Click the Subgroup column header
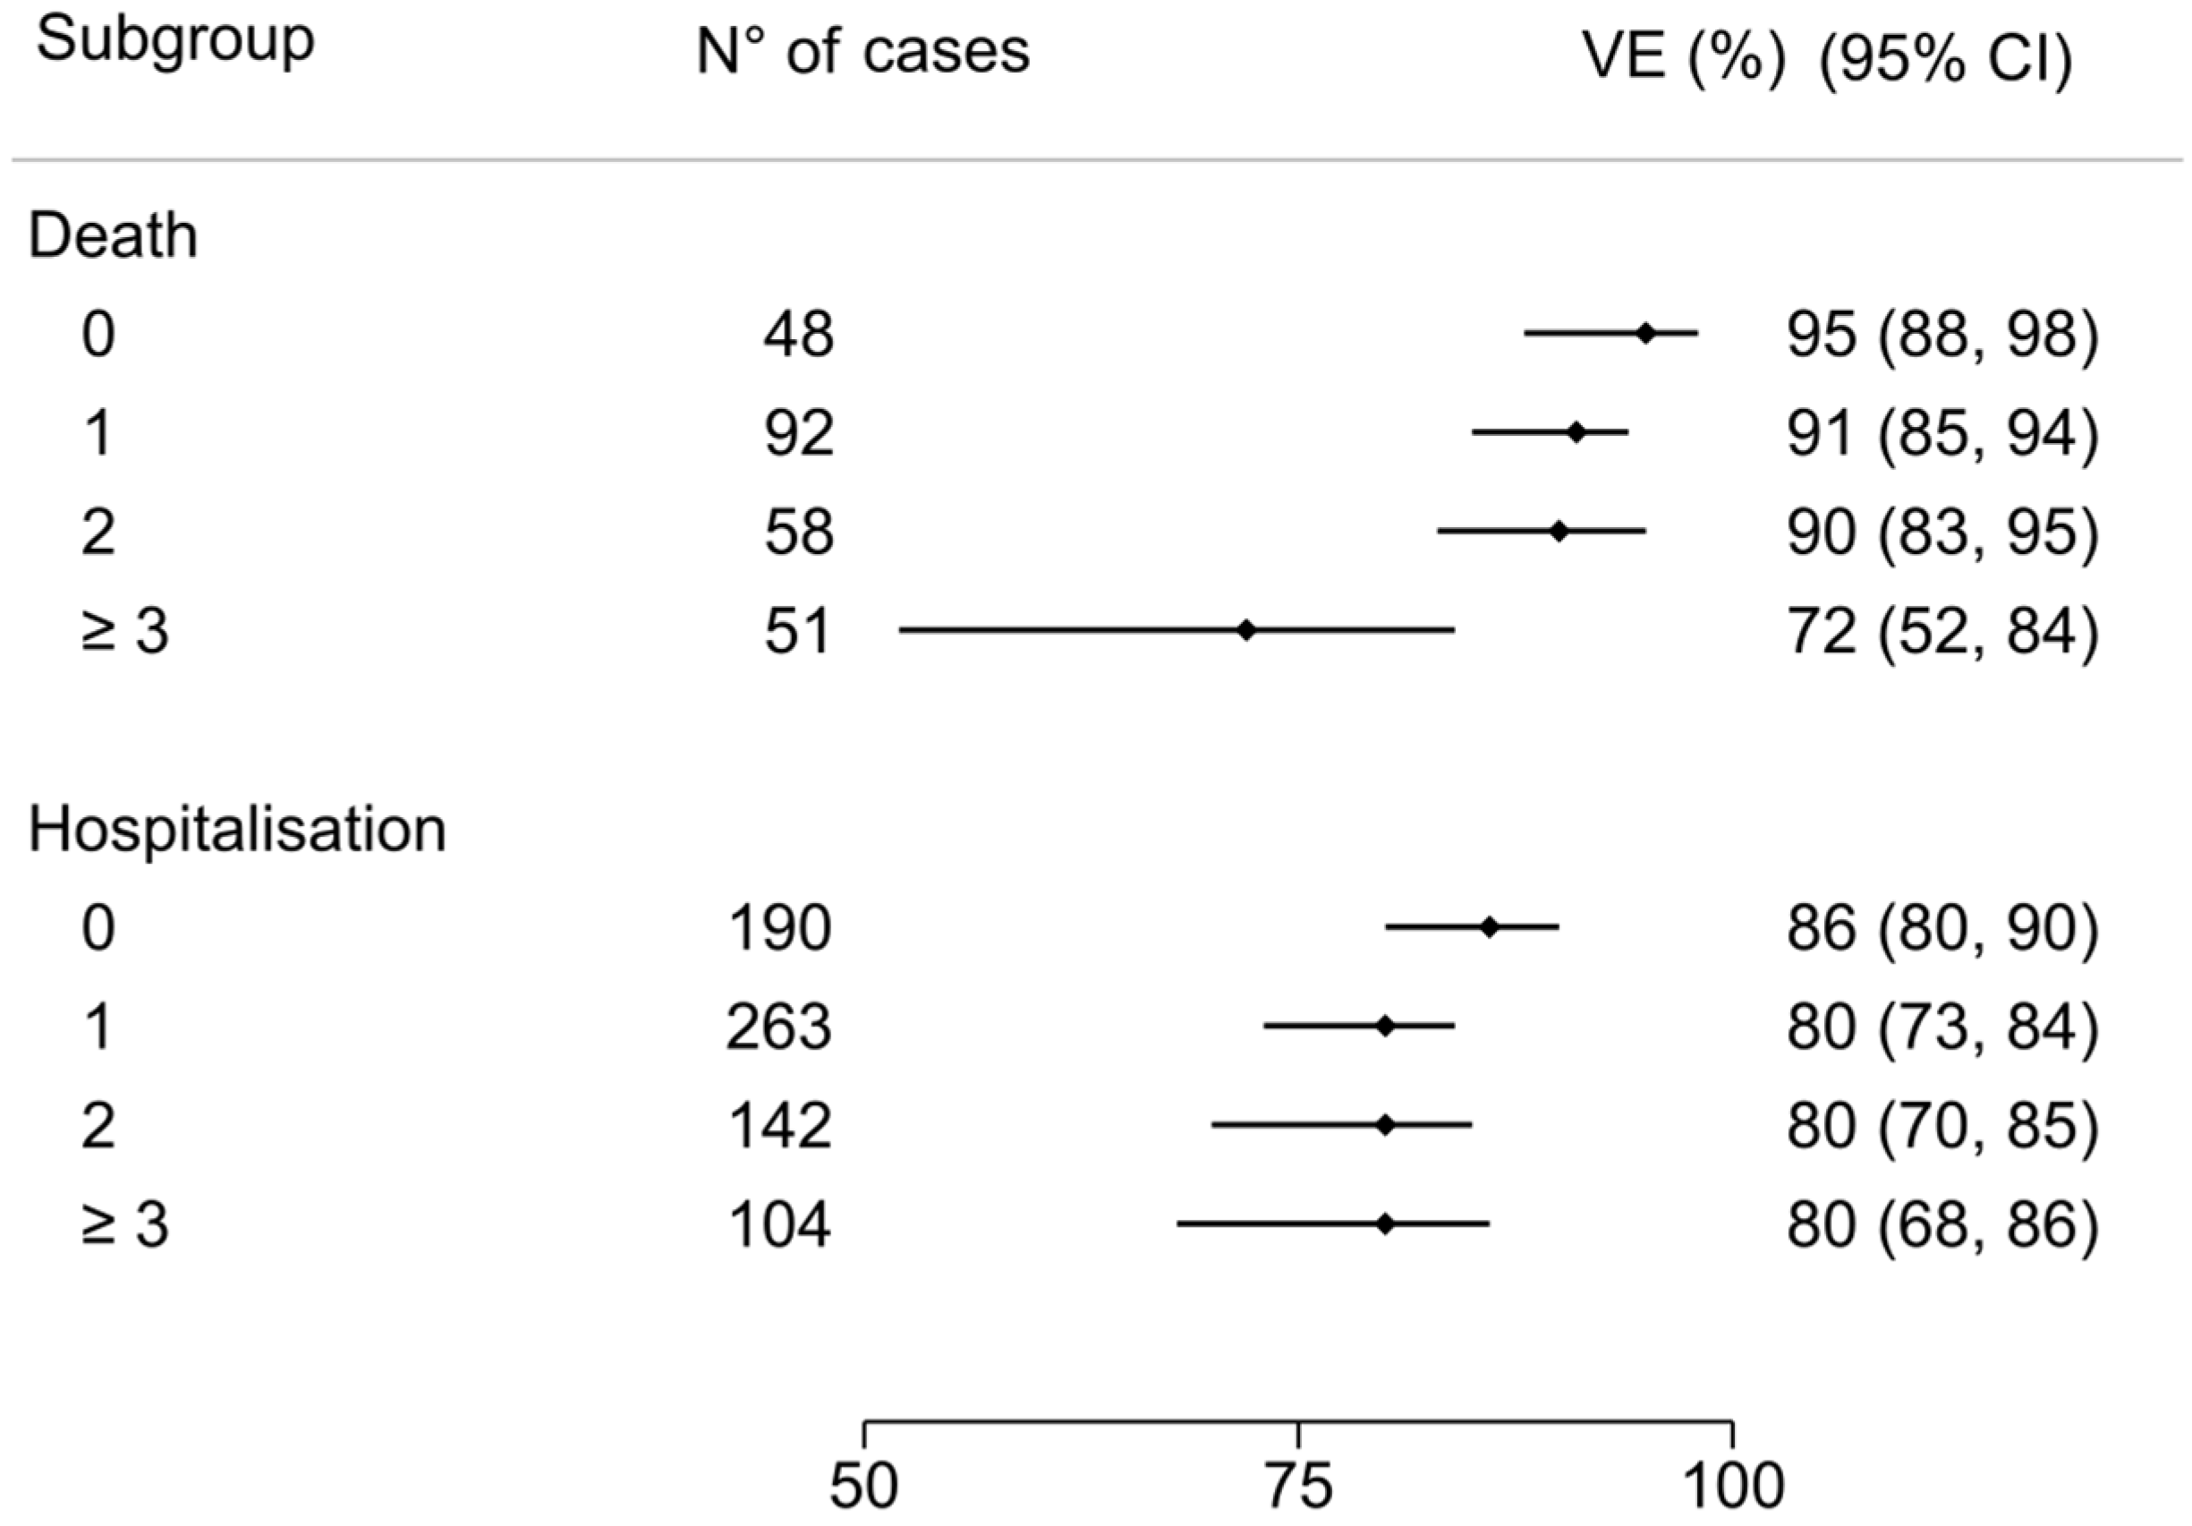[174, 43]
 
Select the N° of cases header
[863, 52]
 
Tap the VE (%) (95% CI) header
[1826, 59]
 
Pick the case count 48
[798, 336]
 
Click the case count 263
[778, 1027]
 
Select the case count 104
[778, 1225]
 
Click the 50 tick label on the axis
[864, 1487]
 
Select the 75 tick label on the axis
[1298, 1487]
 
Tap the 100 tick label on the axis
[1732, 1487]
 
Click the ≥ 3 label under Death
[125, 631]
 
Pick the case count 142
[778, 1126]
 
